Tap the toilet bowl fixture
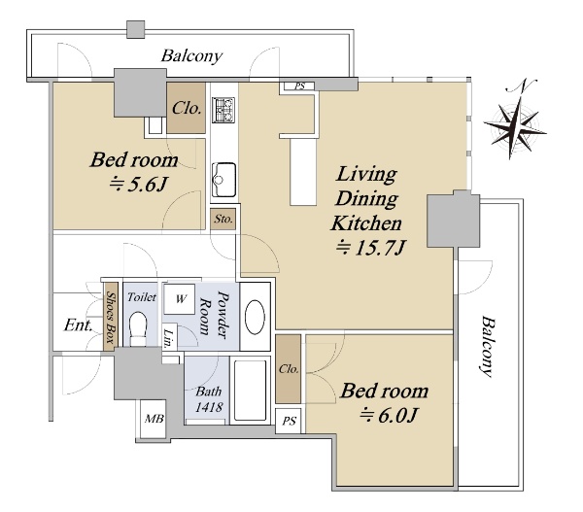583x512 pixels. point(138,328)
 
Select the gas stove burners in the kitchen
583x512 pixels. point(223,110)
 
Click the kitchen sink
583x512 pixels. point(223,179)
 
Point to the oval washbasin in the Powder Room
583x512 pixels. point(255,317)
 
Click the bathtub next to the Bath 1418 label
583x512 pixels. point(251,391)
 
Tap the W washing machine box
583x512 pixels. point(180,298)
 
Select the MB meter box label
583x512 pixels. point(154,419)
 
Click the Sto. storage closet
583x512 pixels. point(223,219)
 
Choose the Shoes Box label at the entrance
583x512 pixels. point(111,318)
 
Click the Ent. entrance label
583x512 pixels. point(78,325)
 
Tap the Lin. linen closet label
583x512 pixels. point(169,338)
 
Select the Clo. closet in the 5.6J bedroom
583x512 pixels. point(186,108)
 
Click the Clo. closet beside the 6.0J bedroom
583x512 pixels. point(289,368)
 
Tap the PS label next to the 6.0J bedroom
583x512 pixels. point(289,421)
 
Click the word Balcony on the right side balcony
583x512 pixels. point(487,347)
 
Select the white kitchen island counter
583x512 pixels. point(303,172)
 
